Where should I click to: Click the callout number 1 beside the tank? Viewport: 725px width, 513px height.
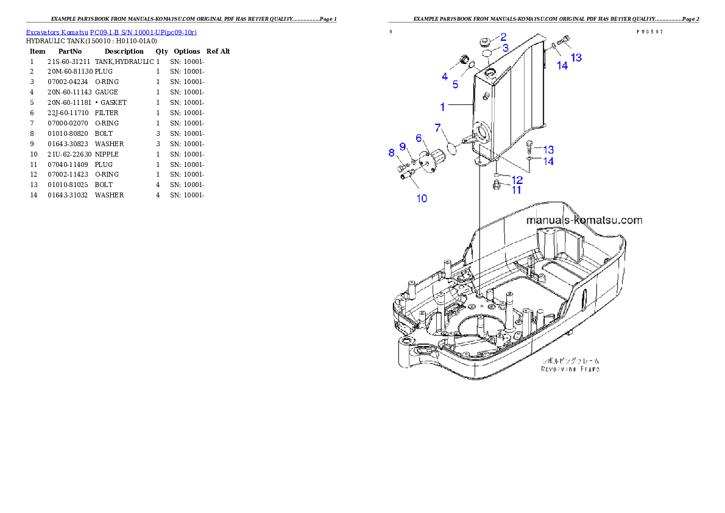[x=444, y=107]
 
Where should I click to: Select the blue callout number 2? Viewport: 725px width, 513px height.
[x=503, y=37]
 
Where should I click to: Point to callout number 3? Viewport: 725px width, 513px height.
[x=445, y=77]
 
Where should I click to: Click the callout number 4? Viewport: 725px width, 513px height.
[x=455, y=85]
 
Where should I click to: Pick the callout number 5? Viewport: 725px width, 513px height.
[x=419, y=138]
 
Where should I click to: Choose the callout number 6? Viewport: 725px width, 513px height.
[x=450, y=147]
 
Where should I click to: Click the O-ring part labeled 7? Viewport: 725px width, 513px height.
[x=392, y=153]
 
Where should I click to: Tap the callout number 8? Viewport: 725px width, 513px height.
[x=403, y=146]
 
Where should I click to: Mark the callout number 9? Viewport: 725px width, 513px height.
[x=422, y=199]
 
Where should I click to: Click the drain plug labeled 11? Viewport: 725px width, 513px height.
[x=517, y=180]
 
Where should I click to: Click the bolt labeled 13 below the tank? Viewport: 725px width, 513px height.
[x=562, y=65]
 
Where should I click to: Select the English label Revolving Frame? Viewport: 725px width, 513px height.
[x=570, y=369]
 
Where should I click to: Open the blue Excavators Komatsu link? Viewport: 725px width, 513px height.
[x=111, y=32]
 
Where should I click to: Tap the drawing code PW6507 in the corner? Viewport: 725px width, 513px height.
[x=649, y=31]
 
